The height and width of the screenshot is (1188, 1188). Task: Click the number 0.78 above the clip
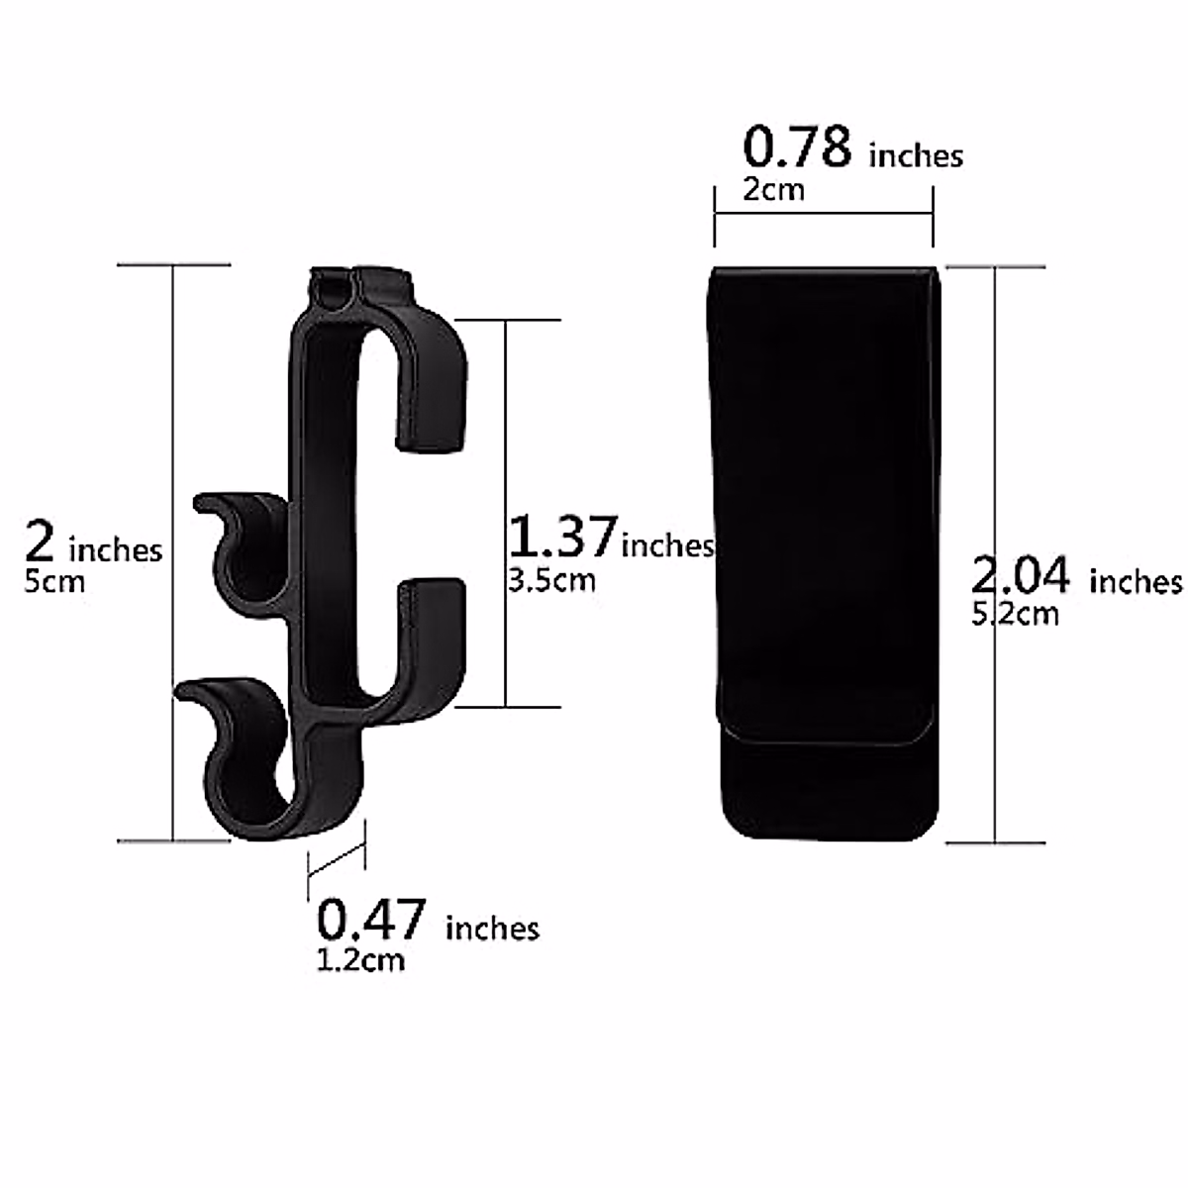click(797, 147)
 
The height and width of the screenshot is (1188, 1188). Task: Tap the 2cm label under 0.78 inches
click(774, 189)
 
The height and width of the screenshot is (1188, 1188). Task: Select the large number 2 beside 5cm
click(40, 541)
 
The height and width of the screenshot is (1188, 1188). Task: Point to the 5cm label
click(54, 581)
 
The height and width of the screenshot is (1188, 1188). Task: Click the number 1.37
click(563, 537)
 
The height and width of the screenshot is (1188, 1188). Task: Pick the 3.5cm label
click(551, 580)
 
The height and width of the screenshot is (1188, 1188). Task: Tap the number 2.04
click(1020, 574)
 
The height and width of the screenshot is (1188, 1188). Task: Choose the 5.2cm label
click(1015, 614)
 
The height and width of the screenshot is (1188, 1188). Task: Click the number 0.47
click(370, 919)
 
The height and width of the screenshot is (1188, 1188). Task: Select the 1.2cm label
click(360, 960)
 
